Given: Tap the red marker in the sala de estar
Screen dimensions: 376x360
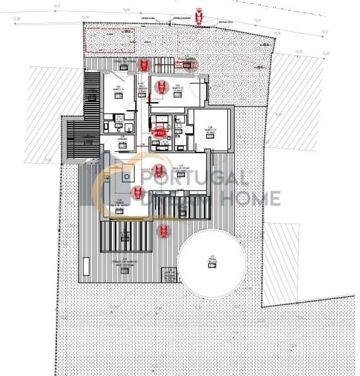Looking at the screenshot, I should [158, 171].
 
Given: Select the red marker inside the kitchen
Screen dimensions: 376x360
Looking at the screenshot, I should [138, 193].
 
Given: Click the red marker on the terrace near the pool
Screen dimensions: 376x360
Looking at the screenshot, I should [164, 231].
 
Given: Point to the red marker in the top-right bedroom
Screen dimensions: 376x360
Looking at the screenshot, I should [161, 87].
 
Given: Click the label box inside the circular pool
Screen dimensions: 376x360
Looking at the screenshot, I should [212, 265].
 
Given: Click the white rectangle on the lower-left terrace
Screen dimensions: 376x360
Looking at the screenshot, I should [86, 266].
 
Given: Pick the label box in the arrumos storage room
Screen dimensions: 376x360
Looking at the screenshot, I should [123, 145].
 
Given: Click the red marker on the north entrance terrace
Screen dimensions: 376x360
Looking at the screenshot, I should [144, 65].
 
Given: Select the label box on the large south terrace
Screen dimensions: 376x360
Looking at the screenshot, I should [125, 271].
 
